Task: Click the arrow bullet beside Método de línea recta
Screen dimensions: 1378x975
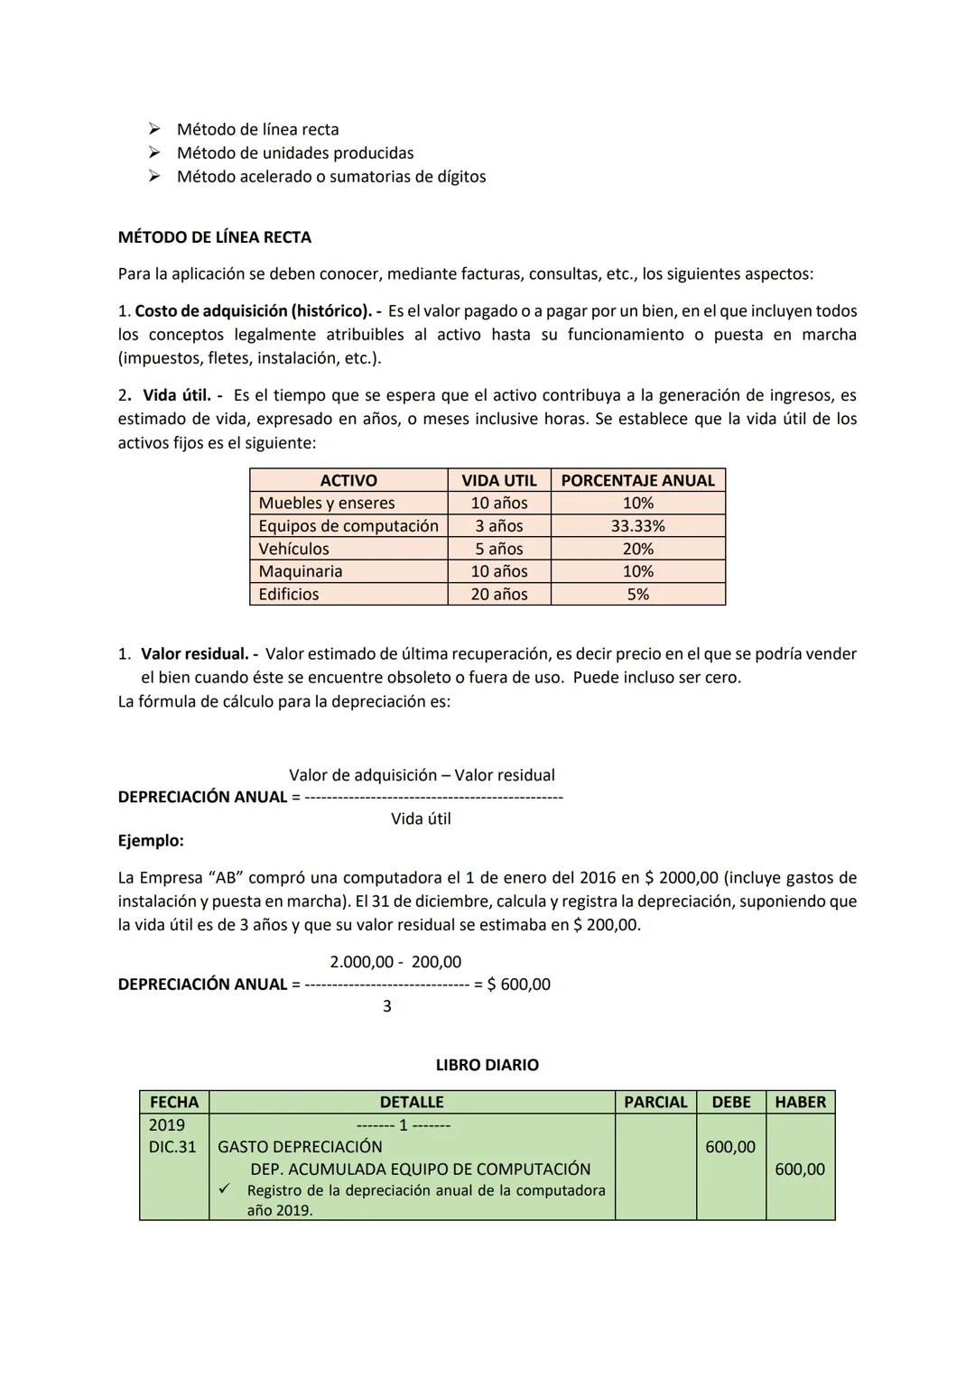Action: (154, 129)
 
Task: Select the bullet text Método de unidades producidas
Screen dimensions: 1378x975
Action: (295, 153)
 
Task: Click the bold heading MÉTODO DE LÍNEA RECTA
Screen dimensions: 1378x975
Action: (215, 237)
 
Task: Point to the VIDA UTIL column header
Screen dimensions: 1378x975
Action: (499, 480)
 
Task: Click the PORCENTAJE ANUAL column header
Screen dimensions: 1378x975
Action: (637, 480)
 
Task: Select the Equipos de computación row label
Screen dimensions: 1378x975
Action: (348, 526)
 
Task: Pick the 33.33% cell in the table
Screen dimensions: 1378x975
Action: (637, 526)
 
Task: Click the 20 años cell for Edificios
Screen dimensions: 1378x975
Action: (499, 594)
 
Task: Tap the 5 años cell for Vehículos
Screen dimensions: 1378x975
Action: (499, 549)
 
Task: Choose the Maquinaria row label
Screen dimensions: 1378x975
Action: (301, 571)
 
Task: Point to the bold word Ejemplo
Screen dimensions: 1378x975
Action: (151, 840)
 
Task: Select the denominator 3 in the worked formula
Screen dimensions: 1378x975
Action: (387, 1006)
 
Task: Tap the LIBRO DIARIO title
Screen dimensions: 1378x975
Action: (487, 1065)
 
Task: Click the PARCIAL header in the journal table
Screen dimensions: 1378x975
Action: (655, 1102)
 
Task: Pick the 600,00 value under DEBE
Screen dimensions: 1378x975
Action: (730, 1147)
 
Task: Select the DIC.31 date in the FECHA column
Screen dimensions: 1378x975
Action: (172, 1147)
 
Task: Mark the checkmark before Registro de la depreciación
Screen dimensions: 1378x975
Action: (225, 1190)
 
